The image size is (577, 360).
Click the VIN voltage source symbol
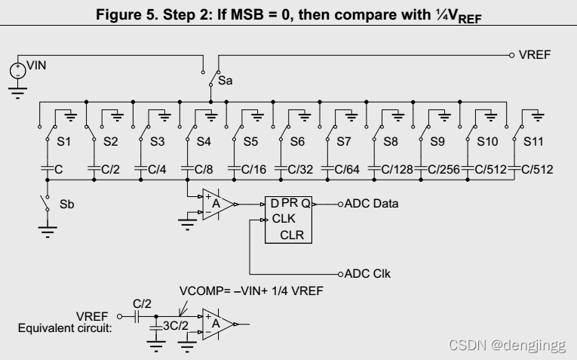[16, 71]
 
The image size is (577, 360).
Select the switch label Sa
[225, 78]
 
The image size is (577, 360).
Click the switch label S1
[65, 141]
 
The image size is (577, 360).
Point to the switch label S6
[297, 141]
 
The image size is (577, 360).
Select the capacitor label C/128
[397, 170]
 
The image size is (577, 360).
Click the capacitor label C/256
[445, 170]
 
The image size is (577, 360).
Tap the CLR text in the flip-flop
[293, 235]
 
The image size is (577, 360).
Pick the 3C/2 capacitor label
[175, 326]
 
